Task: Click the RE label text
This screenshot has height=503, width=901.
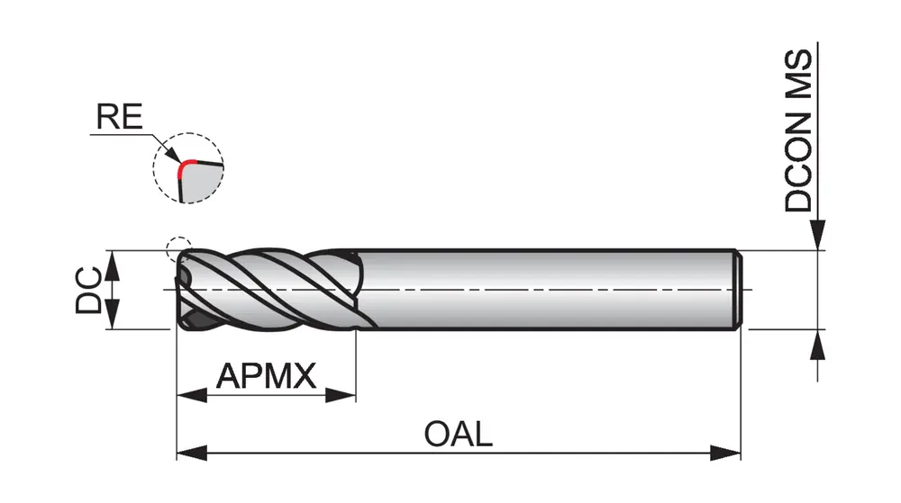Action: click(119, 118)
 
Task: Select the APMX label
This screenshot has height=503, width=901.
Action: click(267, 374)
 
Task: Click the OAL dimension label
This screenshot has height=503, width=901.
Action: click(459, 435)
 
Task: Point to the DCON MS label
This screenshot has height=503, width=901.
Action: click(798, 130)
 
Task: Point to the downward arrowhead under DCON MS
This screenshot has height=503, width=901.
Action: click(818, 238)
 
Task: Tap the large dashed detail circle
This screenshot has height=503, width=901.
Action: click(188, 170)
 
